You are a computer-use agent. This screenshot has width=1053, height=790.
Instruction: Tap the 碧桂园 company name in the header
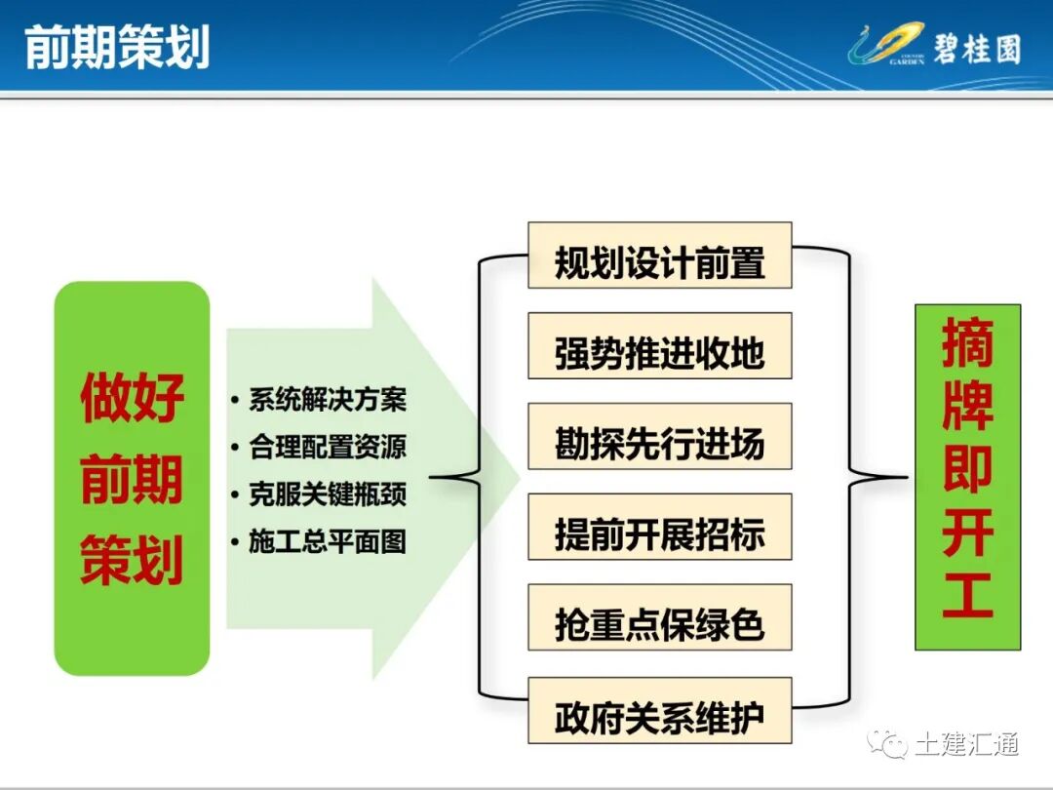[x=976, y=47]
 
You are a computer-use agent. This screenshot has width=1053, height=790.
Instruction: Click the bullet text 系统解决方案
[x=327, y=400]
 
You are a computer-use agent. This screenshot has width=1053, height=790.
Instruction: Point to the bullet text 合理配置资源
[x=327, y=447]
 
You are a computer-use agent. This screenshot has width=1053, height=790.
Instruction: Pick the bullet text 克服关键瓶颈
[x=327, y=494]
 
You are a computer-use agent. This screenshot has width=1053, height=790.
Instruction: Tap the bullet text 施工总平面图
[x=327, y=541]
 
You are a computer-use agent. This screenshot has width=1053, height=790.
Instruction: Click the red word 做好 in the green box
[x=132, y=400]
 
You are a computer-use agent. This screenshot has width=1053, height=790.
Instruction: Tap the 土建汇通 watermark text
[x=966, y=745]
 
